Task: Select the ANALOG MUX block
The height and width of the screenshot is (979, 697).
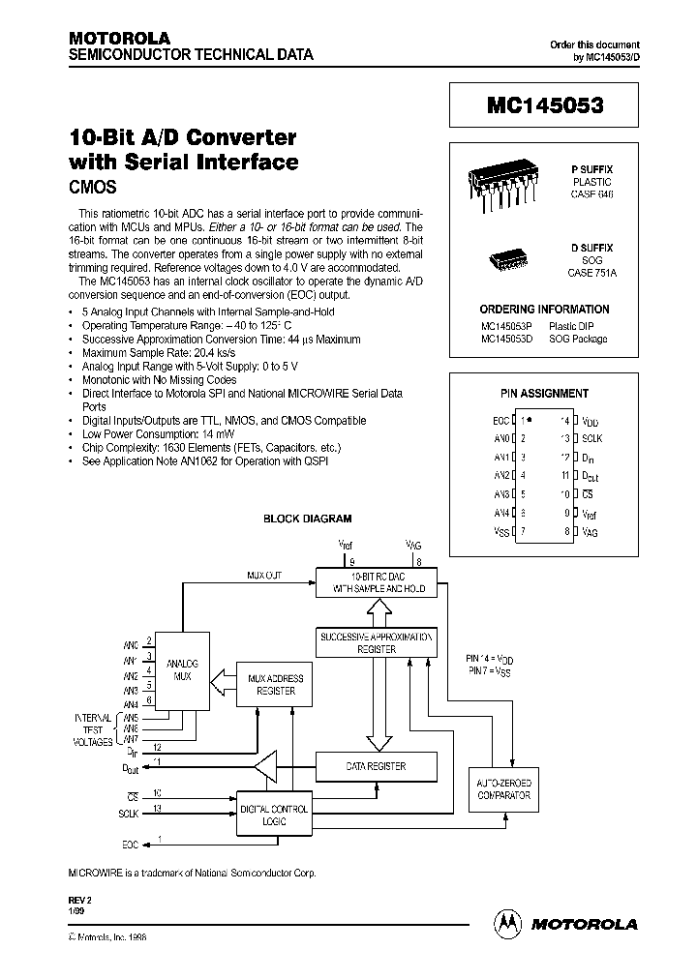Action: [182, 669]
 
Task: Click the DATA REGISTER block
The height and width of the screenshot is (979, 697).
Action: [377, 766]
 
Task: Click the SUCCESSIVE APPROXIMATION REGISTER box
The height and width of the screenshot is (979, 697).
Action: [377, 643]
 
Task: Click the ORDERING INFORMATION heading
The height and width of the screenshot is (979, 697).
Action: [545, 310]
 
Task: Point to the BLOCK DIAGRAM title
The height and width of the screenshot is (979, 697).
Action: [308, 519]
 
